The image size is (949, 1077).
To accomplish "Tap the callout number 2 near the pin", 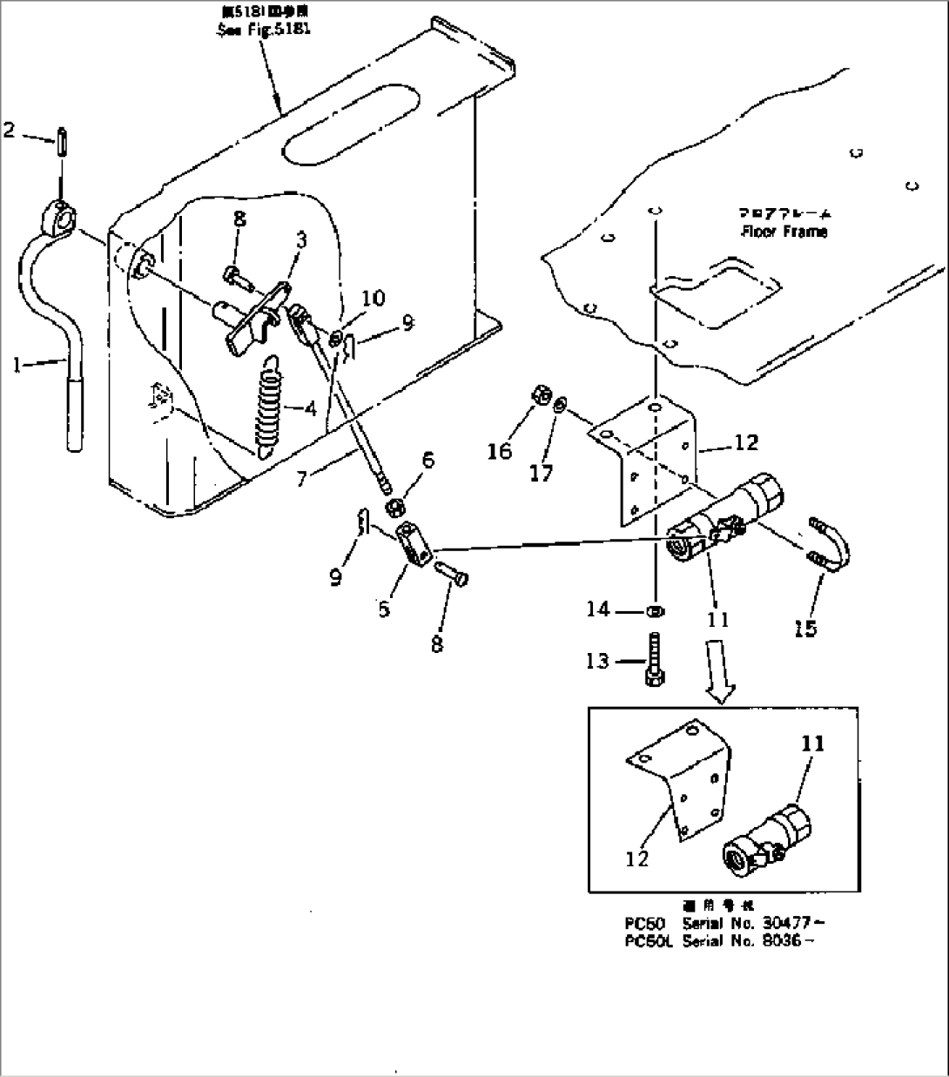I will (9, 131).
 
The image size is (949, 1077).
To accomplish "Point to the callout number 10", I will (373, 299).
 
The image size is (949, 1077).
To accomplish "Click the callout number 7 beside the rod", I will (301, 478).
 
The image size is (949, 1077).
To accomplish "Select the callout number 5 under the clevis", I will (384, 608).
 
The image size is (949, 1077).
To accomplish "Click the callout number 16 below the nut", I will (500, 452).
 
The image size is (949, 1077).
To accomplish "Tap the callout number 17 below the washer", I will (541, 475).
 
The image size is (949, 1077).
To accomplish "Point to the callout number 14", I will (597, 609).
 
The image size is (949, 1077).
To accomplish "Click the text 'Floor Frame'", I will (784, 232).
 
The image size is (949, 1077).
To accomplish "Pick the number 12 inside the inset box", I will (637, 858).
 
